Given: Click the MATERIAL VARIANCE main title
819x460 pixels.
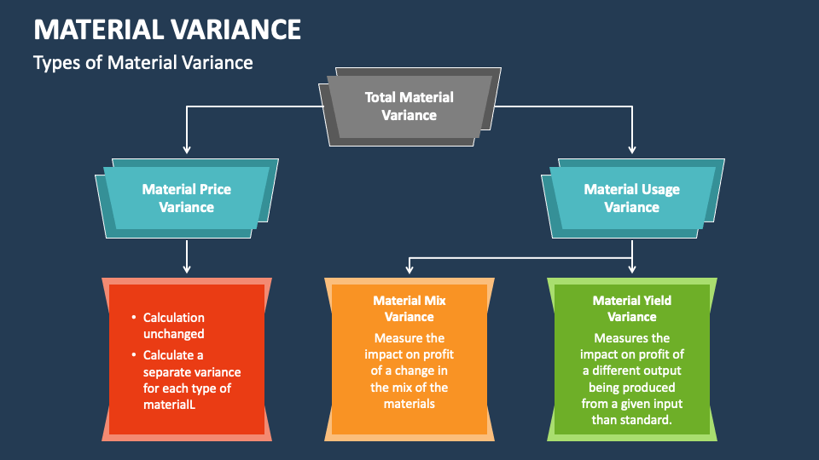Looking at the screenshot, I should (167, 30).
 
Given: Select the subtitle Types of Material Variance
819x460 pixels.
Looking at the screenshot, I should (142, 62).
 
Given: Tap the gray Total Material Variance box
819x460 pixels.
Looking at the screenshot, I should (409, 106).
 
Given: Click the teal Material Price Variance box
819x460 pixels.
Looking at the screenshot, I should (186, 198).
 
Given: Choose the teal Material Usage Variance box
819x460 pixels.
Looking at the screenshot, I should (631, 198).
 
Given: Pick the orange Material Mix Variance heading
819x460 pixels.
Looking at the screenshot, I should (409, 308).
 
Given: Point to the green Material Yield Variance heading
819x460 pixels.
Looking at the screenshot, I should (631, 308).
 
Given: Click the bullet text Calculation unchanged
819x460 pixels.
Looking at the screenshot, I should (173, 325).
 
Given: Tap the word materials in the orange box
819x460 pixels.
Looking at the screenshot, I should (409, 403).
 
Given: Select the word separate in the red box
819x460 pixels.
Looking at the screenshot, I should (168, 372).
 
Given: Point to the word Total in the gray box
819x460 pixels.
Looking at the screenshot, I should (380, 98).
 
